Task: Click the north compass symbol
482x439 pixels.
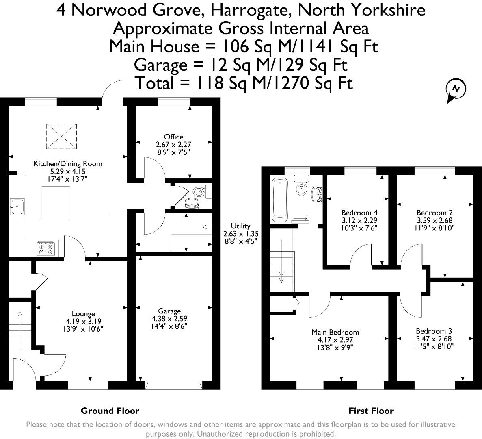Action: pyautogui.click(x=456, y=89)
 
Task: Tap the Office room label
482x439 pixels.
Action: pyautogui.click(x=173, y=137)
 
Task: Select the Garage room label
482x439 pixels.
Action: pyautogui.click(x=169, y=311)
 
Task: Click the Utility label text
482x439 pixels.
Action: pyautogui.click(x=240, y=226)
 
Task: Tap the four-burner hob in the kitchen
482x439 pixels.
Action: pyautogui.click(x=46, y=248)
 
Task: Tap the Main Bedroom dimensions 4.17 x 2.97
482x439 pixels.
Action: pyautogui.click(x=335, y=340)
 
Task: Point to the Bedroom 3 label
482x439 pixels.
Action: pyautogui.click(x=434, y=331)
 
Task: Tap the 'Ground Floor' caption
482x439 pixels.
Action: pyautogui.click(x=110, y=411)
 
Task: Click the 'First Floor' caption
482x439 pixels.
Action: pyautogui.click(x=371, y=411)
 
